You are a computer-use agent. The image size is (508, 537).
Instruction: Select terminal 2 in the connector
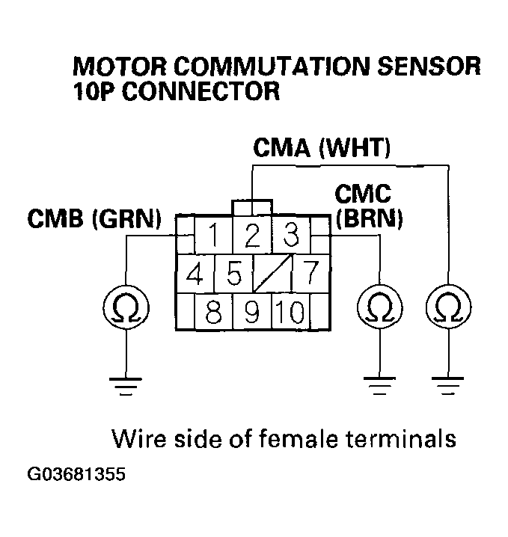point(252,236)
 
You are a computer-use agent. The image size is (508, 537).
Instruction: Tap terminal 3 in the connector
point(290,236)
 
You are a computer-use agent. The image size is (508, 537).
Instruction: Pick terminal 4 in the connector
point(196,274)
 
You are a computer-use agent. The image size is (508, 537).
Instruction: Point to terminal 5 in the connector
point(233,274)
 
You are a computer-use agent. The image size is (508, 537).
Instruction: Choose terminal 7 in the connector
point(307,274)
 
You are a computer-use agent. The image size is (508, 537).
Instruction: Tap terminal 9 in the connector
point(252,310)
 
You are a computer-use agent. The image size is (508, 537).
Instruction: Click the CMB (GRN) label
point(94,221)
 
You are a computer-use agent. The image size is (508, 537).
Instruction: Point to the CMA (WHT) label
point(322,147)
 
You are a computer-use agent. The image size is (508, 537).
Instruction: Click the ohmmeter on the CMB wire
point(125,307)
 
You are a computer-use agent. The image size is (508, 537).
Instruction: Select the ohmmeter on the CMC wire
point(380,307)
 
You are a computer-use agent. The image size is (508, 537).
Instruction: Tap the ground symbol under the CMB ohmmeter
point(125,386)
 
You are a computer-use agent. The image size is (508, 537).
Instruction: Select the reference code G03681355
point(76,474)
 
